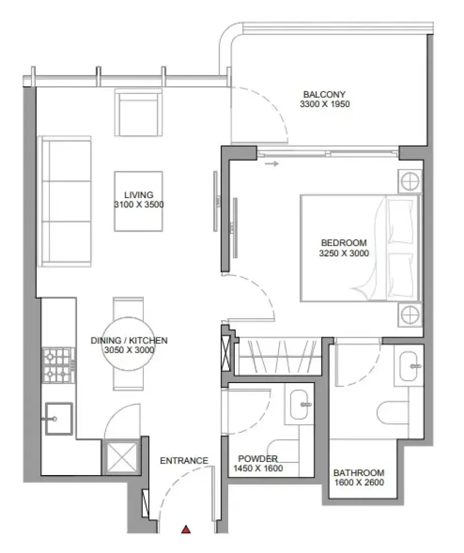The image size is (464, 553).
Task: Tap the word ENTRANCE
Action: pyautogui.click(x=184, y=460)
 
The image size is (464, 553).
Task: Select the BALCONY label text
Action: pyautogui.click(x=324, y=94)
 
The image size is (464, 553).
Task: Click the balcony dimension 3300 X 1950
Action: pyautogui.click(x=325, y=104)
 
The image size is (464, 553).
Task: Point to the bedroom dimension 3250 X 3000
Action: pyautogui.click(x=344, y=253)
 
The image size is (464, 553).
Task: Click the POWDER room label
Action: pyautogui.click(x=258, y=458)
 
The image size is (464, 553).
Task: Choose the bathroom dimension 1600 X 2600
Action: pyautogui.click(x=359, y=482)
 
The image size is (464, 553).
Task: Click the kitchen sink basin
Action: pyautogui.click(x=58, y=419)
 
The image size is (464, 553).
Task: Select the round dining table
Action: pyautogui.click(x=128, y=343)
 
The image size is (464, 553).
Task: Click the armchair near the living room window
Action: pyautogui.click(x=138, y=113)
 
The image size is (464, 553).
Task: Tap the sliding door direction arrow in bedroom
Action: pyautogui.click(x=272, y=164)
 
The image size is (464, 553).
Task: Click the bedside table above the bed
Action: pyautogui.click(x=409, y=181)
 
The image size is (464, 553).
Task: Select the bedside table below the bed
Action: pyautogui.click(x=409, y=314)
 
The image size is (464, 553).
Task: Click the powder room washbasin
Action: pyautogui.click(x=299, y=405)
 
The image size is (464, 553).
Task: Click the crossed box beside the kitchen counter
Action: pyautogui.click(x=122, y=457)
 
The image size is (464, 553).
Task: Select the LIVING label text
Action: pyautogui.click(x=139, y=195)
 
